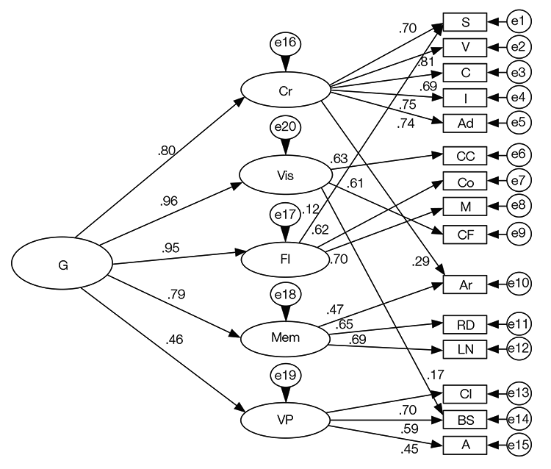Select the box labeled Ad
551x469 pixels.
[x=464, y=121]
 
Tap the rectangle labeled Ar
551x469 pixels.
[x=464, y=282]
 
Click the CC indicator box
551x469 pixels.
[x=464, y=156]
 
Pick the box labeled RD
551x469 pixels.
[x=464, y=324]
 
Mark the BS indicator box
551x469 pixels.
[x=464, y=420]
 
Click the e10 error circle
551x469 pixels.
[x=521, y=282]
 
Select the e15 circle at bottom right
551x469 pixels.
[x=521, y=445]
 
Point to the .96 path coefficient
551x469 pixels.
[x=170, y=199]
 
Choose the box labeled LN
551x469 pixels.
[x=464, y=348]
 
